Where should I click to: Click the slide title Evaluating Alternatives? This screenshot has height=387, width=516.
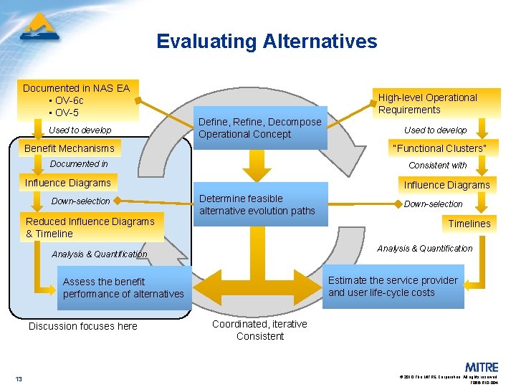[267, 42]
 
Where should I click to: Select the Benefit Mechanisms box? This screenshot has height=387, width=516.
[70, 148]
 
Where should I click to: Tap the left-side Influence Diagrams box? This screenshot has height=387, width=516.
[68, 183]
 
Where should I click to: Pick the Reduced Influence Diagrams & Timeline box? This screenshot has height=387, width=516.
[90, 227]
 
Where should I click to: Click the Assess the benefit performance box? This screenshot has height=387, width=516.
[124, 288]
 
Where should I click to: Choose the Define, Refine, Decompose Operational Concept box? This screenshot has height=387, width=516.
[259, 128]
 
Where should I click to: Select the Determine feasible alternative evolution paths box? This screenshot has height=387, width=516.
[259, 204]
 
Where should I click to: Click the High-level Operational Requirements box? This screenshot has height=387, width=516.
[436, 104]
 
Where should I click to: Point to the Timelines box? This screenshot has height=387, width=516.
[469, 224]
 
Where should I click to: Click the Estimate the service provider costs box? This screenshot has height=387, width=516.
[393, 287]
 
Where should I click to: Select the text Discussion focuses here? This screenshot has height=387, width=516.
[83, 326]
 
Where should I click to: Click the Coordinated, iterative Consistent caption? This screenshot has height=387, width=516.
[259, 330]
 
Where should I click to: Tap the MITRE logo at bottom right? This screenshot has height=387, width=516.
[482, 366]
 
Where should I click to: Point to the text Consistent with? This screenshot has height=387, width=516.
[437, 166]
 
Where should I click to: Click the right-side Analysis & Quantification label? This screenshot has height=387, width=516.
[425, 249]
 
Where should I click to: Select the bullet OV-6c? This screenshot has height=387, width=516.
[68, 100]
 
